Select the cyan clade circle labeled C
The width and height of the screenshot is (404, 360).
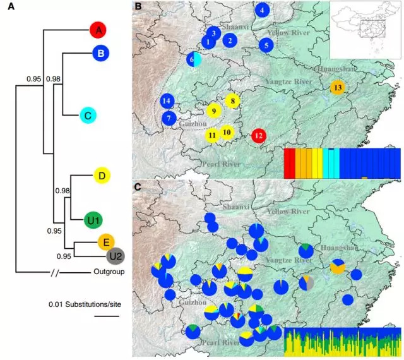[88, 115]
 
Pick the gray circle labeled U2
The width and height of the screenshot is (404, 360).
[115, 256]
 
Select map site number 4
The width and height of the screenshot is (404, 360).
[263, 11]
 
